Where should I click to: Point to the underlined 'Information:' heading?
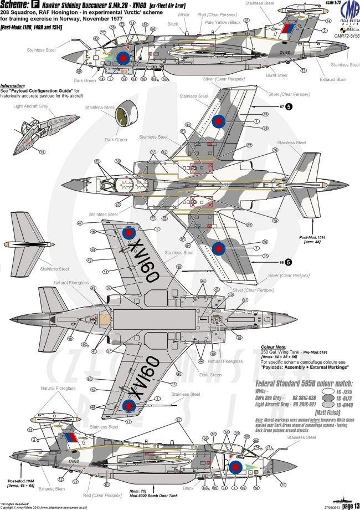pyautogui.click(x=15, y=86)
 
